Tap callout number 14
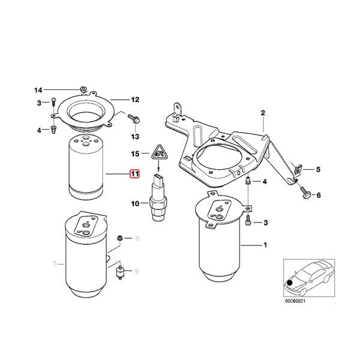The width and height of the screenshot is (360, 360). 38,90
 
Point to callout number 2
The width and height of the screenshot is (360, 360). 262,113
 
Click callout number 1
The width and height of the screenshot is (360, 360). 265,245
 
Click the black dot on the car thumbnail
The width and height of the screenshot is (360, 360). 290,283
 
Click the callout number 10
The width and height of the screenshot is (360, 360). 135,203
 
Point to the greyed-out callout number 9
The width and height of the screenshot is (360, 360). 137,272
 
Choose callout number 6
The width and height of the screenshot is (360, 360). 319,195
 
